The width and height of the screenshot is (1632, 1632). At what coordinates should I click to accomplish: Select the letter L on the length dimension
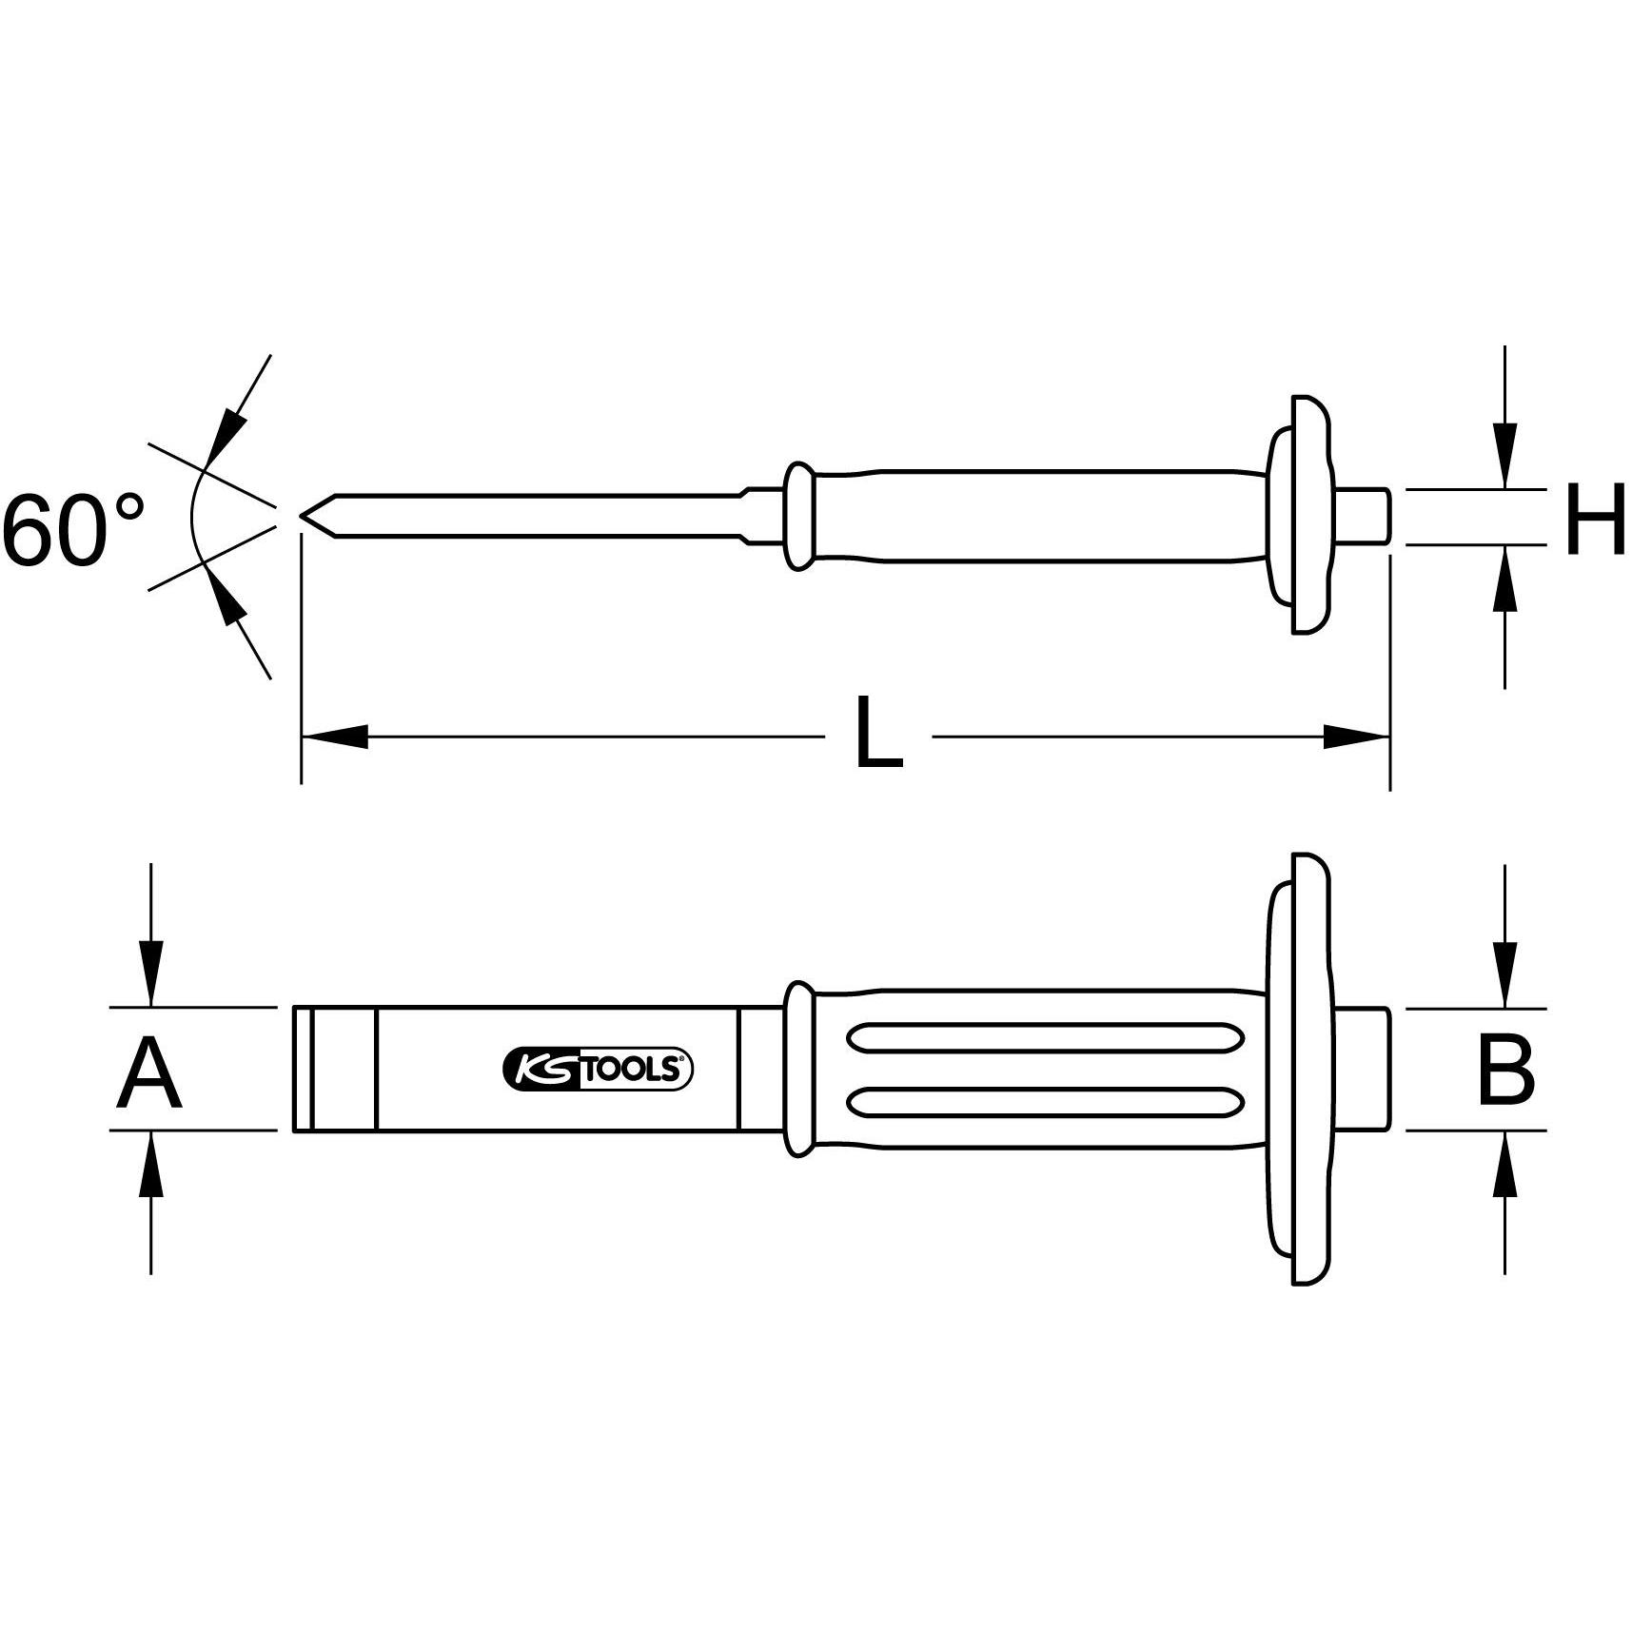coord(877,734)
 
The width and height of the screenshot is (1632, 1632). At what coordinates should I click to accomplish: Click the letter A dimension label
coord(148,1074)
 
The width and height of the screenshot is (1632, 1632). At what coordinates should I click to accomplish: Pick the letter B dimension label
coord(1505,1072)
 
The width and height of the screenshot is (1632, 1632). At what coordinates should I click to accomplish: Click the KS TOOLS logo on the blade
coord(597,1070)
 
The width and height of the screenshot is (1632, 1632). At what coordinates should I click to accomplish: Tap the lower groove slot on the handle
coord(1044,1102)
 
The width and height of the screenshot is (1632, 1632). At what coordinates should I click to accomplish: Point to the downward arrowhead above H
coord(1504,455)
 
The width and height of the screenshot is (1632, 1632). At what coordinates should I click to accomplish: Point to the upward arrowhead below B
coord(1504,1164)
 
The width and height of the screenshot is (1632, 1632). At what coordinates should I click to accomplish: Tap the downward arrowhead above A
coord(150,973)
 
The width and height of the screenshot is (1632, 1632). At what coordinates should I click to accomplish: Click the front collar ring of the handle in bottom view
coord(799,1070)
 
